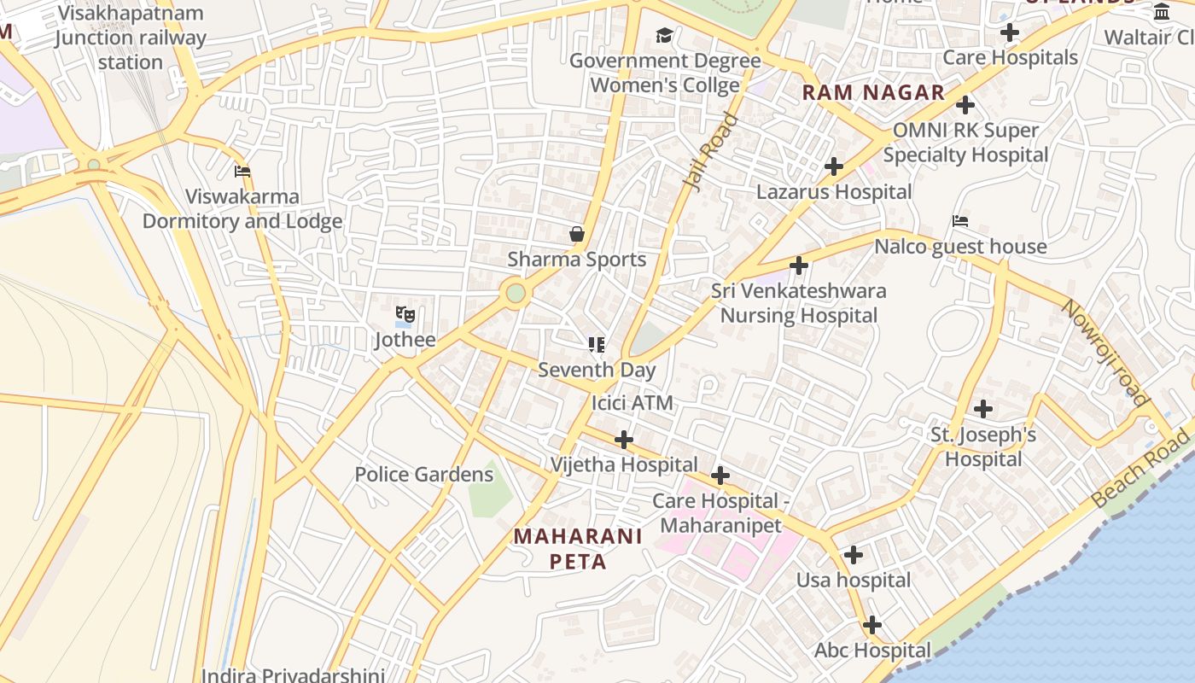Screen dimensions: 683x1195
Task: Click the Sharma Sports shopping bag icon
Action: (577, 234)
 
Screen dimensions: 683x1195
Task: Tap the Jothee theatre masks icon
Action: (405, 315)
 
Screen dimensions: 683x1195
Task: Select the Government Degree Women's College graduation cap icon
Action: (664, 35)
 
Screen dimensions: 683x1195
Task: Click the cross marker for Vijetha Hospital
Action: (624, 440)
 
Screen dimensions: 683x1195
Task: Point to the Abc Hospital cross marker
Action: (871, 625)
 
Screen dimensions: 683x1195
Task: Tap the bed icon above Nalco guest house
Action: (960, 221)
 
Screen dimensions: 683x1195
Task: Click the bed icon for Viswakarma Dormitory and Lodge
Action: (242, 171)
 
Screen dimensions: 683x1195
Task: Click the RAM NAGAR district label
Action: (873, 93)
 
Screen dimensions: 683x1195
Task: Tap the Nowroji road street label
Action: (1105, 351)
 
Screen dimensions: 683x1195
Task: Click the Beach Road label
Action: (1140, 469)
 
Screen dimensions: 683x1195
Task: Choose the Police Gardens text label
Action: (423, 475)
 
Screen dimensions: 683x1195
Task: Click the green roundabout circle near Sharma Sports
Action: (516, 293)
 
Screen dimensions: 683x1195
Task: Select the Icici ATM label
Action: (632, 403)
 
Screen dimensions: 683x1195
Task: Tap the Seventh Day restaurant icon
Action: (597, 345)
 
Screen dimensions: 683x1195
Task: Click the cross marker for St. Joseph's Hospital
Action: (983, 409)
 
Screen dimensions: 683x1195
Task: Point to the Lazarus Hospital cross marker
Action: (834, 166)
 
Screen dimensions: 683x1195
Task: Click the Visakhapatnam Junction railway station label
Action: (130, 38)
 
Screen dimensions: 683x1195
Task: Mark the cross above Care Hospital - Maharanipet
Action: (720, 476)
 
